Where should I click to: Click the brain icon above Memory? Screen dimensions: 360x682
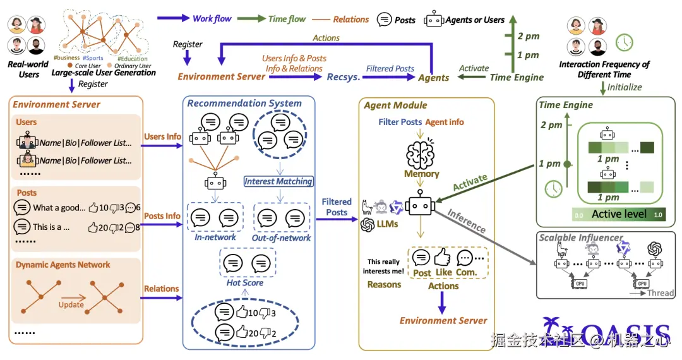click(x=421, y=153)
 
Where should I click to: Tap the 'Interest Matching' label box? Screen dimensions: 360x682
click(x=278, y=181)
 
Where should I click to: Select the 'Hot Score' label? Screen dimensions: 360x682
click(x=245, y=283)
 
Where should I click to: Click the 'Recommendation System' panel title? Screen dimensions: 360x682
click(x=244, y=103)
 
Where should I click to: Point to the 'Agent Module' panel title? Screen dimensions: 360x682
click(x=396, y=105)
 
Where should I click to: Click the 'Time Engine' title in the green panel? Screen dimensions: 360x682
click(x=566, y=105)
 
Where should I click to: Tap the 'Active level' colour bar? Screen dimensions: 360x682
click(x=618, y=214)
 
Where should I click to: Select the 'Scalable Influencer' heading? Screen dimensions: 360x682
click(x=581, y=237)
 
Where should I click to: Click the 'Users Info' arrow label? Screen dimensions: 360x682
click(x=162, y=136)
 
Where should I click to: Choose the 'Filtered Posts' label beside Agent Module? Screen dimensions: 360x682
click(x=337, y=207)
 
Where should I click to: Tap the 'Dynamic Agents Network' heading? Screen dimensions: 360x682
click(x=63, y=265)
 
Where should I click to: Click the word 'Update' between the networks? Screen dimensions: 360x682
click(x=71, y=304)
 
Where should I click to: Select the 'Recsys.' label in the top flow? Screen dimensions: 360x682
click(x=344, y=77)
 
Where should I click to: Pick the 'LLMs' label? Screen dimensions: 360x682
click(x=387, y=224)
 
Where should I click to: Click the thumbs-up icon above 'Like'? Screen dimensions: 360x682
click(x=443, y=258)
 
